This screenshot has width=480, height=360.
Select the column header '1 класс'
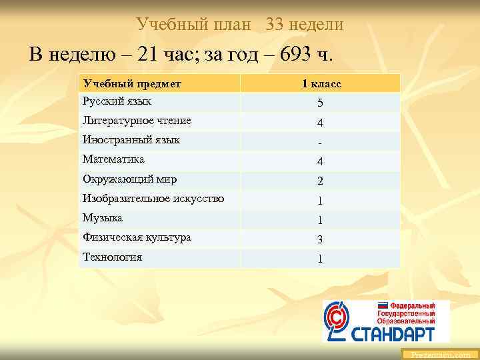pos(321,83)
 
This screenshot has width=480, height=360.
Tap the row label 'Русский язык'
pos(117,101)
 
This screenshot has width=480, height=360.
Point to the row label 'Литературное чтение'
pos(137,121)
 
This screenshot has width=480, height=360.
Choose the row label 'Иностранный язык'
pos(131,140)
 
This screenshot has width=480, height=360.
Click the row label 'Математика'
pos(113,159)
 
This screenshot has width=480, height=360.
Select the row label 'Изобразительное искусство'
pos(153,199)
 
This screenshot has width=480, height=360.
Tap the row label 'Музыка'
pos(103,218)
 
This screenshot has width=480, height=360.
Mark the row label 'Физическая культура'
pos(137,237)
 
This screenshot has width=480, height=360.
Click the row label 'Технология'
pos(112,257)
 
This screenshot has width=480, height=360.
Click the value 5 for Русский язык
pos(321,103)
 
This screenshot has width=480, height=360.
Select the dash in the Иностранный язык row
pos(321,143)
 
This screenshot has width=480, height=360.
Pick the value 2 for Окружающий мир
pos(321,181)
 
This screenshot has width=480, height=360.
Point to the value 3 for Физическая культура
pos(321,240)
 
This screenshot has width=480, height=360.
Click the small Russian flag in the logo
pos(383,305)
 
